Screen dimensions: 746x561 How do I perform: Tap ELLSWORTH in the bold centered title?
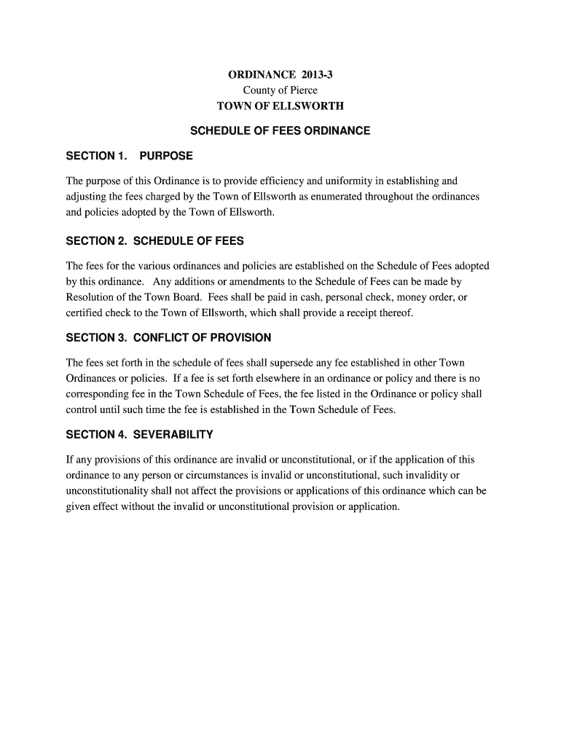coord(313,106)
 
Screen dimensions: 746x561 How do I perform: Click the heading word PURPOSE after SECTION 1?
coord(166,156)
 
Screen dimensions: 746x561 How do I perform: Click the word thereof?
coord(394,313)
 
